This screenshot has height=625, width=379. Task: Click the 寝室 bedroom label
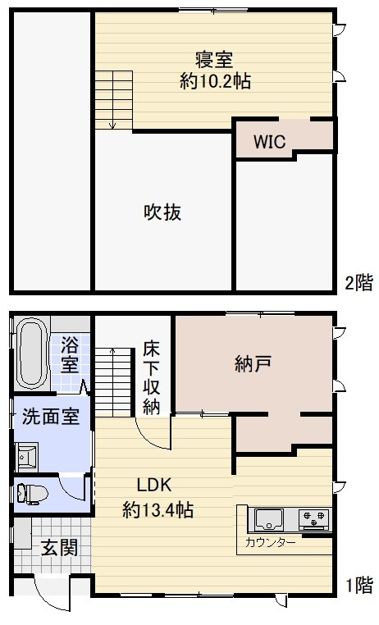(214, 60)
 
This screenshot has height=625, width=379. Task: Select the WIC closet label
(268, 141)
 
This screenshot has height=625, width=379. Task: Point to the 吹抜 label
(162, 212)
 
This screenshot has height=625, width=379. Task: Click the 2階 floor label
(358, 284)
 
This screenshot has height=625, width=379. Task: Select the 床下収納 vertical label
(151, 377)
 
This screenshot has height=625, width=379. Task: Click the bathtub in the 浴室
(32, 354)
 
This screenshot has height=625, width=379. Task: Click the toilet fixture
(34, 492)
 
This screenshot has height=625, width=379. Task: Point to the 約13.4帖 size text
(158, 510)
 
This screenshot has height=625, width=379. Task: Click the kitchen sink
(268, 519)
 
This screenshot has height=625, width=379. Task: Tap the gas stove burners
(313, 518)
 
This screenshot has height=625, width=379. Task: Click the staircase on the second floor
(113, 99)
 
